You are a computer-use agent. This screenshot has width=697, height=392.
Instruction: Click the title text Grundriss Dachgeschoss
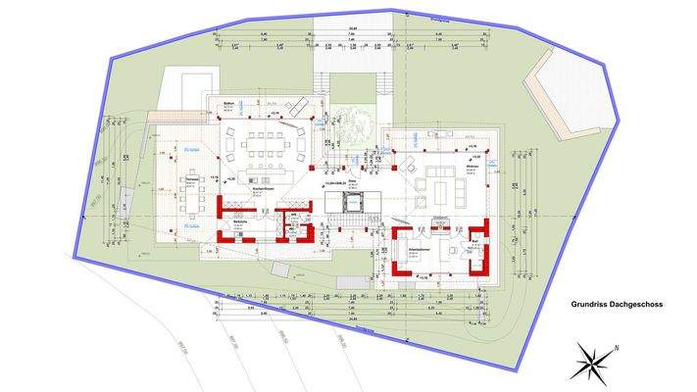click(617, 305)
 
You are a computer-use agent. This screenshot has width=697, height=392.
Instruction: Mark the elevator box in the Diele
click(350, 202)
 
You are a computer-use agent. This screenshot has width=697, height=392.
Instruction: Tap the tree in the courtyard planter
click(350, 123)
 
